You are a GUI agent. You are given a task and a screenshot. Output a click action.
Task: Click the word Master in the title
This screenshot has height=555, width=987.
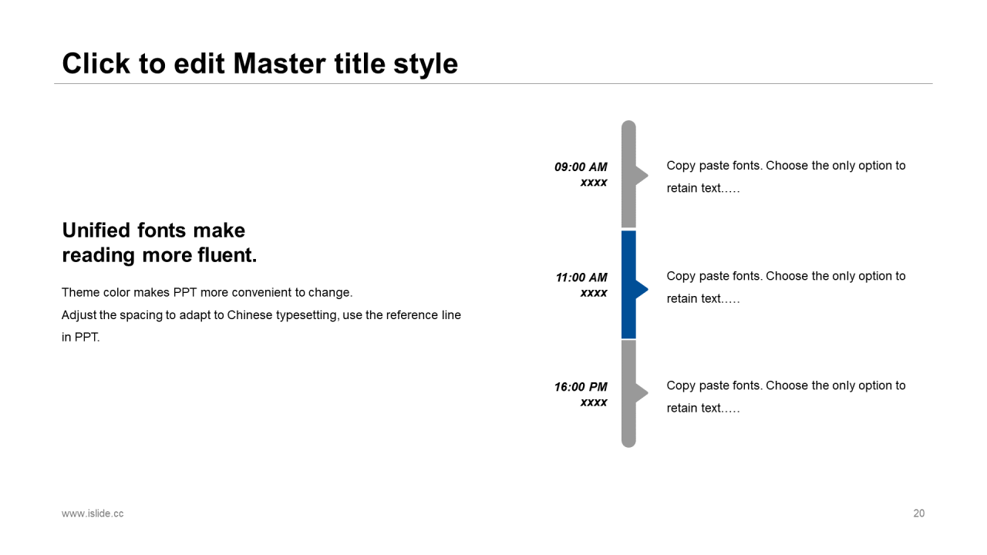(279, 63)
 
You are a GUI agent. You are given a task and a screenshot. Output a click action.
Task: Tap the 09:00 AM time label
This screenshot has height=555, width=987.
(581, 167)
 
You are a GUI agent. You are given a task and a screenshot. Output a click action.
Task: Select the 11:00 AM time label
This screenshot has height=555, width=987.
(581, 277)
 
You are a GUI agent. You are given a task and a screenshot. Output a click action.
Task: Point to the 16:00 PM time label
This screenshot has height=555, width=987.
(581, 387)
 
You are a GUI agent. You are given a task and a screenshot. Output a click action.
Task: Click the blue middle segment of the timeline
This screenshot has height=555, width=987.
(628, 284)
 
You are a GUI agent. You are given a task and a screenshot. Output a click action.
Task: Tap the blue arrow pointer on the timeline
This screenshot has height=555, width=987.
(642, 289)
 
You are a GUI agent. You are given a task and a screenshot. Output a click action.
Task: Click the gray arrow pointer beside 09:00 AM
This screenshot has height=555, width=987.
(642, 175)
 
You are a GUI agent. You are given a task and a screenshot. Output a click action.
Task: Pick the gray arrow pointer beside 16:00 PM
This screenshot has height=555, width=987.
(642, 393)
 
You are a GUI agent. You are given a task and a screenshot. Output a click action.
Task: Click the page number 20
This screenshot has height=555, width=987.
(918, 513)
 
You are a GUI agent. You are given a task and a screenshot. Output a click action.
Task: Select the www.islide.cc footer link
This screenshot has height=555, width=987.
(93, 513)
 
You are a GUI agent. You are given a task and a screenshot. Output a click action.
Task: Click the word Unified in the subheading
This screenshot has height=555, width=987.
(96, 230)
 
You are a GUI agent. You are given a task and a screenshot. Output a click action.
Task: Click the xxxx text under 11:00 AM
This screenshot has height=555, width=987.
(594, 293)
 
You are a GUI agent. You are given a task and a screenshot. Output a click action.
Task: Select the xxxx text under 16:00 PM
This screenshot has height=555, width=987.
(594, 402)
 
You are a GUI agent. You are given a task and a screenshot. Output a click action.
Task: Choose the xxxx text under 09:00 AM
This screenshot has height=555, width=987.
(594, 183)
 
